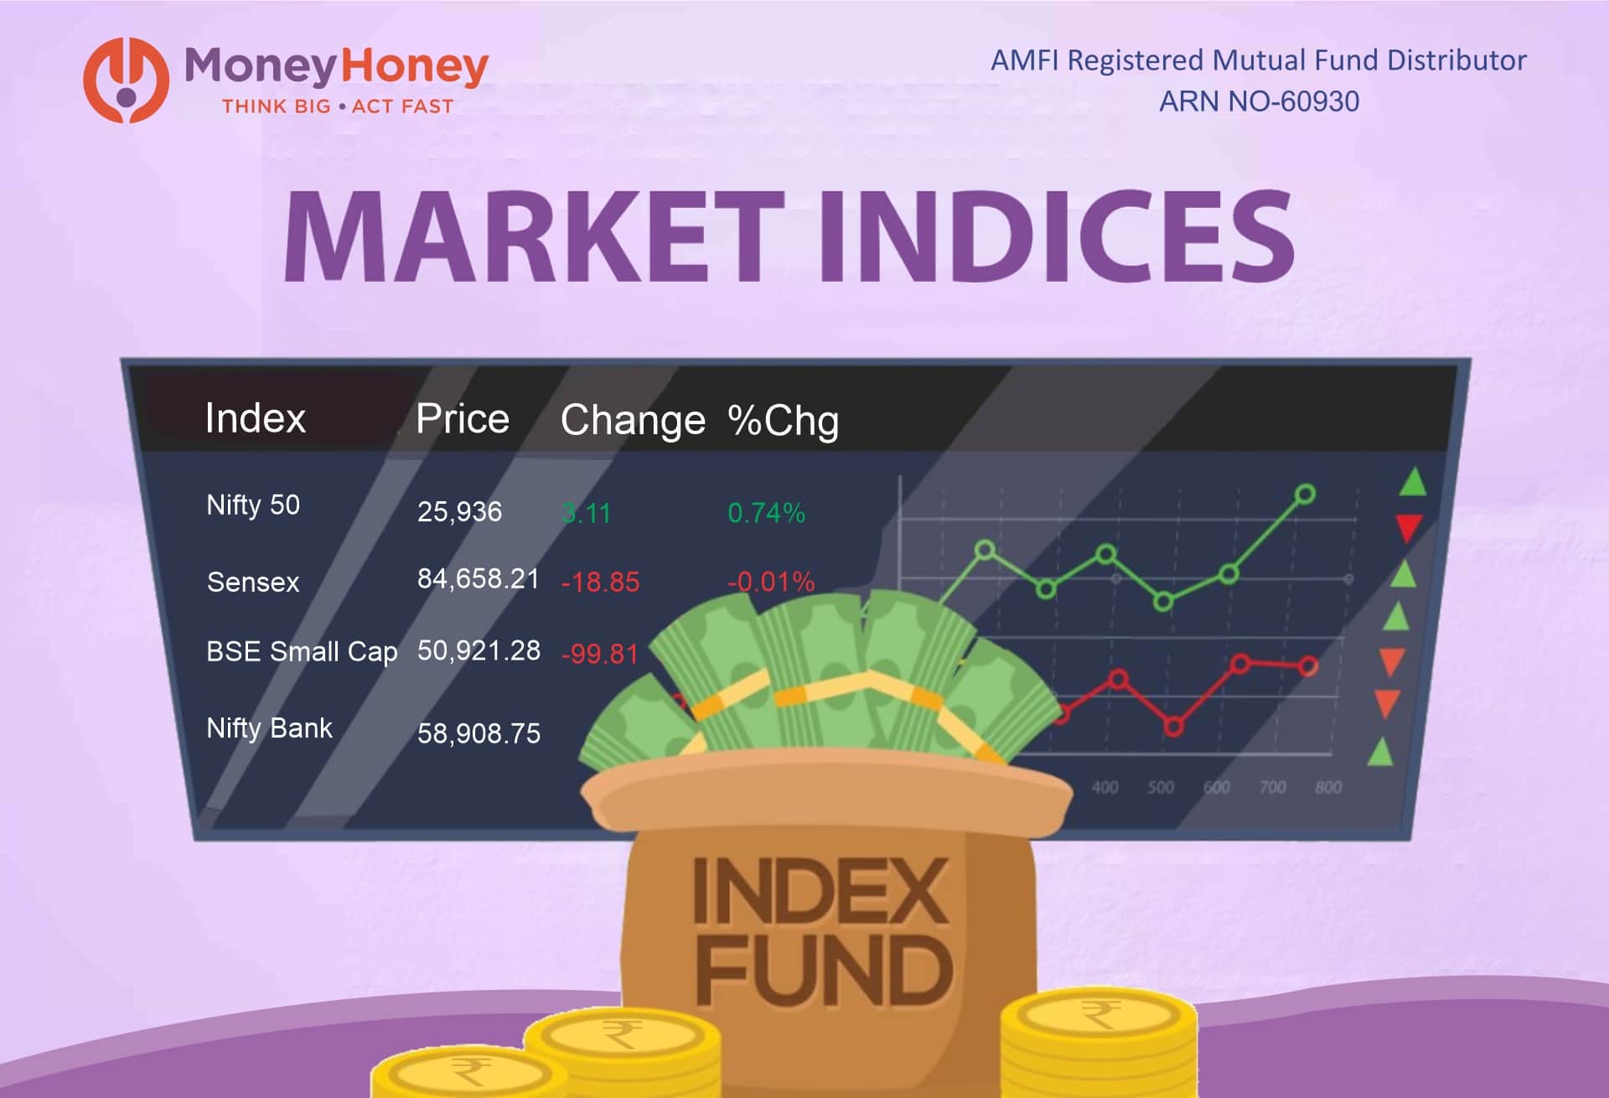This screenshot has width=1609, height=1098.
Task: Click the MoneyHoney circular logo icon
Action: (126, 80)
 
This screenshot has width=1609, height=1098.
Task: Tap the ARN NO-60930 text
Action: (1259, 101)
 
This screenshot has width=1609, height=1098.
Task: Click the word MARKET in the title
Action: (528, 236)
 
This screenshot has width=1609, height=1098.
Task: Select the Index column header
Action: (255, 418)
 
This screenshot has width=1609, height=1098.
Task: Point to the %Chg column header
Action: (783, 420)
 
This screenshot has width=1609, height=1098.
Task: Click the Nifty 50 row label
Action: (252, 505)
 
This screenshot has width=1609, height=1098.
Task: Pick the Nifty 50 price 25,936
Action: (459, 511)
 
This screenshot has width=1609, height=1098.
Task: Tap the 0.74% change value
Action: (766, 513)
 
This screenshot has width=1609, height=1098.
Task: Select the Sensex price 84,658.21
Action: (478, 578)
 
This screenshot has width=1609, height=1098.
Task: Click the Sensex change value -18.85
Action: (600, 582)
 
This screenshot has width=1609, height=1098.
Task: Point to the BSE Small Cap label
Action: (302, 651)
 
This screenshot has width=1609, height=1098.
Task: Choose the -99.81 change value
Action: (599, 654)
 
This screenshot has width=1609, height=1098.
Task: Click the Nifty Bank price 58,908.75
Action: (479, 733)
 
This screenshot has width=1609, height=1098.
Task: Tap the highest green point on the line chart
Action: (1305, 495)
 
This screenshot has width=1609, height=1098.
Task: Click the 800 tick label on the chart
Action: (1328, 787)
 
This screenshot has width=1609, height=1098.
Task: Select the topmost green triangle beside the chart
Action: (1413, 483)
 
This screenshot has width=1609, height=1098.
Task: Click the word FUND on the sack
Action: (823, 971)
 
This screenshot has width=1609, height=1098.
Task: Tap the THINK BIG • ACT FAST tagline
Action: (337, 106)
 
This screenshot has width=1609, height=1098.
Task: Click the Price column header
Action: (463, 418)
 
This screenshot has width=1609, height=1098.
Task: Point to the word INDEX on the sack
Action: (821, 891)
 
